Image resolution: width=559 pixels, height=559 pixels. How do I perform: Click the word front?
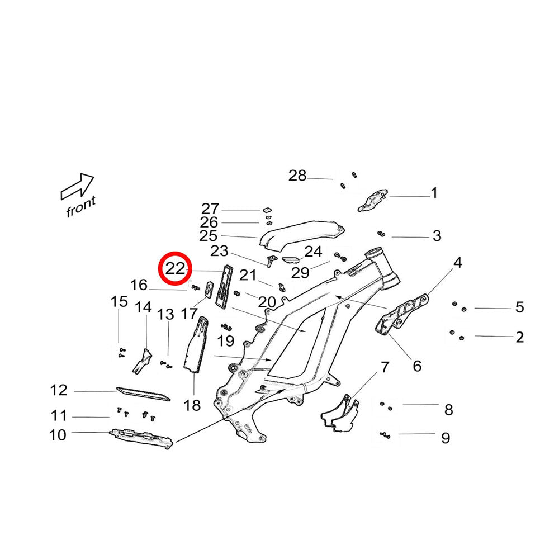coord(81,206)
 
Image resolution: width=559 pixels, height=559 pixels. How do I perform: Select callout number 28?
coord(297,176)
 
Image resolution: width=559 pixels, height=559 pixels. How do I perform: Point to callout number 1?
coord(434,193)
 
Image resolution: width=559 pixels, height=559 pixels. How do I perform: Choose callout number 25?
coord(209,236)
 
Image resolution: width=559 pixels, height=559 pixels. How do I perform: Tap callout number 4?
coord(458,262)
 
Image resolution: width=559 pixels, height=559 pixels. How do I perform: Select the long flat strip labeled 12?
coord(143,394)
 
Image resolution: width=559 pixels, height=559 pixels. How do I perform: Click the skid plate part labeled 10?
coord(142,438)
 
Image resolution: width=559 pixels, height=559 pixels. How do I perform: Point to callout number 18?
coord(192,405)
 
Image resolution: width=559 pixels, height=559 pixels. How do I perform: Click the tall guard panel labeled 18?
coord(196,344)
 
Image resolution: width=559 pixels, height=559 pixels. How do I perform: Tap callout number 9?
coord(446,438)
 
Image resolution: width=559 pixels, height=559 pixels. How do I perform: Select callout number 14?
coord(143,307)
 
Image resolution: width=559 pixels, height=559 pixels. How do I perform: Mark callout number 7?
coord(385,367)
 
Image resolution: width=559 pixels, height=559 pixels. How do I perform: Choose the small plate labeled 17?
coord(209,288)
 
